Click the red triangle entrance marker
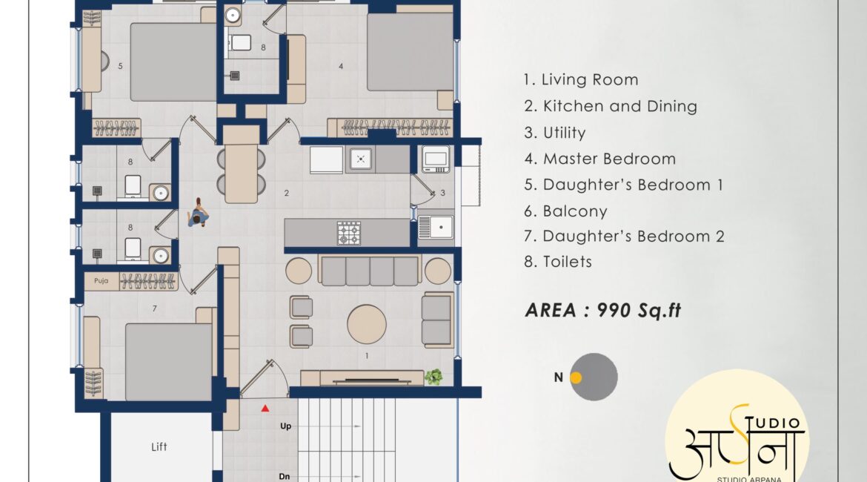265,409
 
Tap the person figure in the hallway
197,213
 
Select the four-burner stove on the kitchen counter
349,233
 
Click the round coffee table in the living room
367,324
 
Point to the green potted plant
433,377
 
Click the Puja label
102,280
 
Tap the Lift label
159,446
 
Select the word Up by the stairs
285,426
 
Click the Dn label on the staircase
285,476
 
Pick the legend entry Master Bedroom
600,159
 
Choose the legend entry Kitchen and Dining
611,106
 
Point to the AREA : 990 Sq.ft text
602,311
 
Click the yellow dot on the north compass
576,377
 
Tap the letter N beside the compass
559,377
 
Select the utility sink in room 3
435,228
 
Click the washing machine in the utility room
436,159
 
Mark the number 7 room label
154,308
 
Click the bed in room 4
410,52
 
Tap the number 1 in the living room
367,356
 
